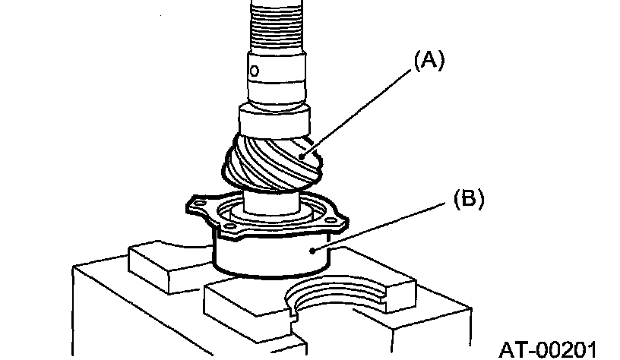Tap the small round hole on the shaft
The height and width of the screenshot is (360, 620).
coord(255,70)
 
